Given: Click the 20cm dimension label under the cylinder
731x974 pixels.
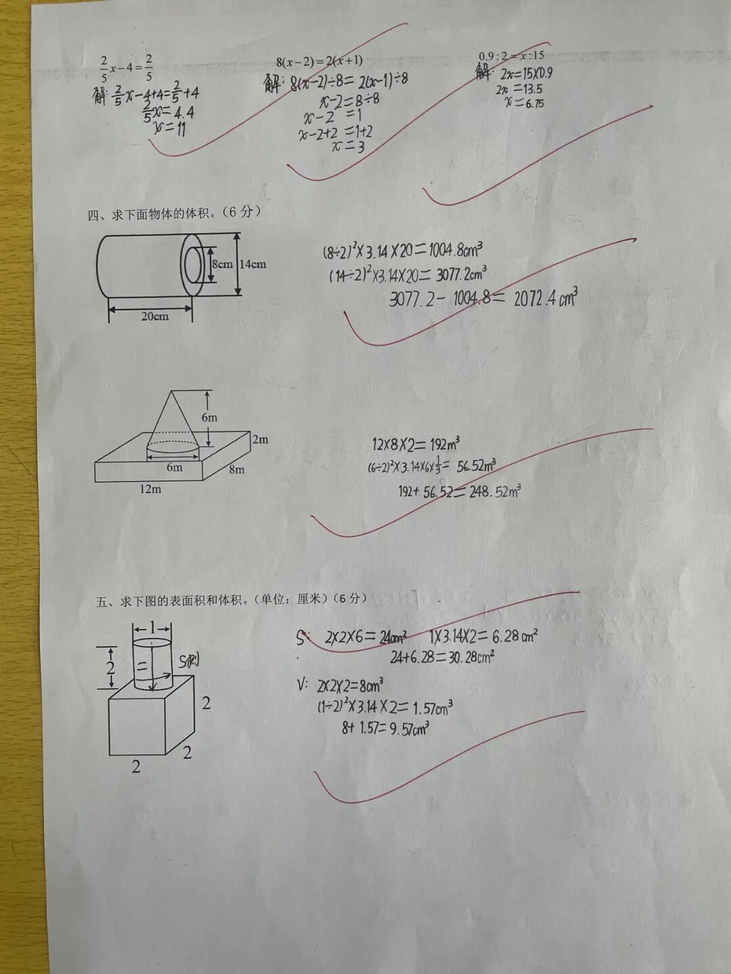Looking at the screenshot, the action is click(155, 316).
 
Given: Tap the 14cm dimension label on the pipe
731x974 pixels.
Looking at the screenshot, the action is click(252, 264).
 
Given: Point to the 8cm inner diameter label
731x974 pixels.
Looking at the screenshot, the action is click(221, 264).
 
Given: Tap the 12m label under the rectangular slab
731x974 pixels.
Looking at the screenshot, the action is click(150, 489).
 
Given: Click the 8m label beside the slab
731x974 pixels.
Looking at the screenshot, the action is click(236, 469).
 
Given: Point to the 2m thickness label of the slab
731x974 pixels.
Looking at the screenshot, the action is click(260, 440).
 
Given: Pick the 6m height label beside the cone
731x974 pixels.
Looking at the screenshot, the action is click(209, 417).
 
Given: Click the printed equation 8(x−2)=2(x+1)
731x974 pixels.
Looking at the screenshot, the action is click(319, 62).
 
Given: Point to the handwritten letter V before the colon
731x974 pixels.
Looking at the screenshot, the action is click(301, 685).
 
